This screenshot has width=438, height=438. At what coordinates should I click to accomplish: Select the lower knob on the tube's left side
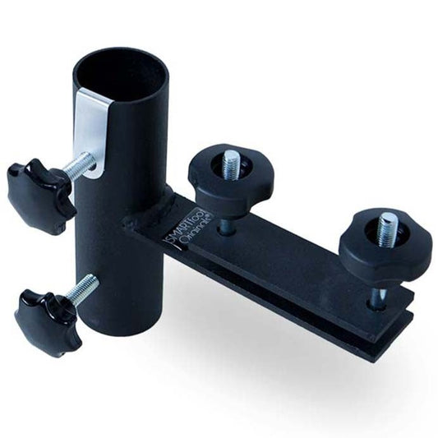click(46, 321)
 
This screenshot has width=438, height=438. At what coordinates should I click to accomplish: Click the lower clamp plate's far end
click(374, 349)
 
